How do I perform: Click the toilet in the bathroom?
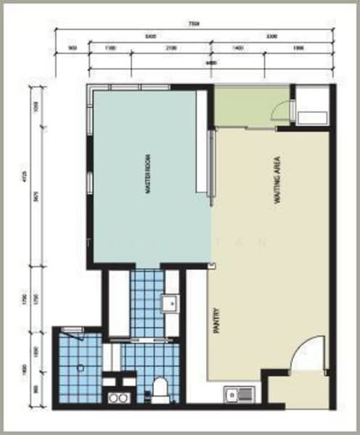(x=160, y=390)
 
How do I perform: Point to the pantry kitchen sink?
(x=232, y=395)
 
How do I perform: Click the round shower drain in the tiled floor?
(x=80, y=368)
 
